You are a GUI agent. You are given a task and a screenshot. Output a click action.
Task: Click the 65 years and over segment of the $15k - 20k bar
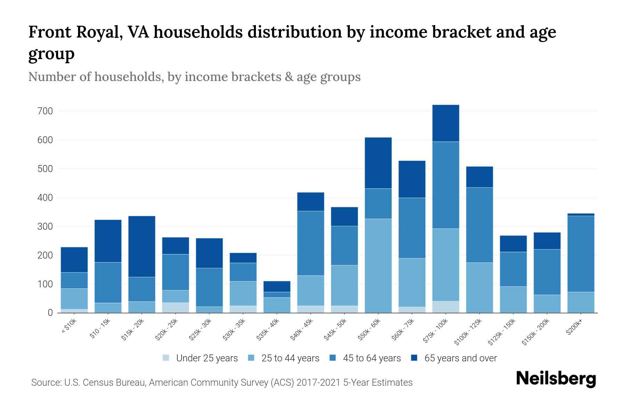(142, 246)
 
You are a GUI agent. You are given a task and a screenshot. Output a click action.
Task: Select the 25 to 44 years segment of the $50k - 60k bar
(378, 265)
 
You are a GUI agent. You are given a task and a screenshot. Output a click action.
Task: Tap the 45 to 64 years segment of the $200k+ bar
(580, 254)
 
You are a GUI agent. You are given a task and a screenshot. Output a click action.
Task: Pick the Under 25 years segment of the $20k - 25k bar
(175, 308)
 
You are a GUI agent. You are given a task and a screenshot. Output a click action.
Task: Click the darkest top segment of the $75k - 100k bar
(446, 123)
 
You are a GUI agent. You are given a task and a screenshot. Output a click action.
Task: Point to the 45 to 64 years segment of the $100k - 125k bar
(479, 225)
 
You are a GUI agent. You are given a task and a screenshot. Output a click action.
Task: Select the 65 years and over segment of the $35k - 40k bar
(277, 286)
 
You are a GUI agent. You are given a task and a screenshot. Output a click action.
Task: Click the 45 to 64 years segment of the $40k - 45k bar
(311, 243)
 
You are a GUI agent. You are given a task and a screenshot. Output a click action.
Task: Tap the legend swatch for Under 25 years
(166, 358)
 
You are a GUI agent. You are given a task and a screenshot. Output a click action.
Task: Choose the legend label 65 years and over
(460, 358)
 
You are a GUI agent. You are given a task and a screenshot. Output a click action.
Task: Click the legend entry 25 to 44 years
(290, 358)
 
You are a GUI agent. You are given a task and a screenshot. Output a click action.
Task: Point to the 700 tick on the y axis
(46, 111)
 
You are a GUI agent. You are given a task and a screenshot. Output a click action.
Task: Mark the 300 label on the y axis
(46, 227)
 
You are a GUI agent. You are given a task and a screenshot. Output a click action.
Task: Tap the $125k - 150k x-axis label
(501, 333)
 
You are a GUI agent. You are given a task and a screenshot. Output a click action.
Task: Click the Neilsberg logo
(556, 379)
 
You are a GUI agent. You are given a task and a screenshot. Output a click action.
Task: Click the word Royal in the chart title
(98, 32)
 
